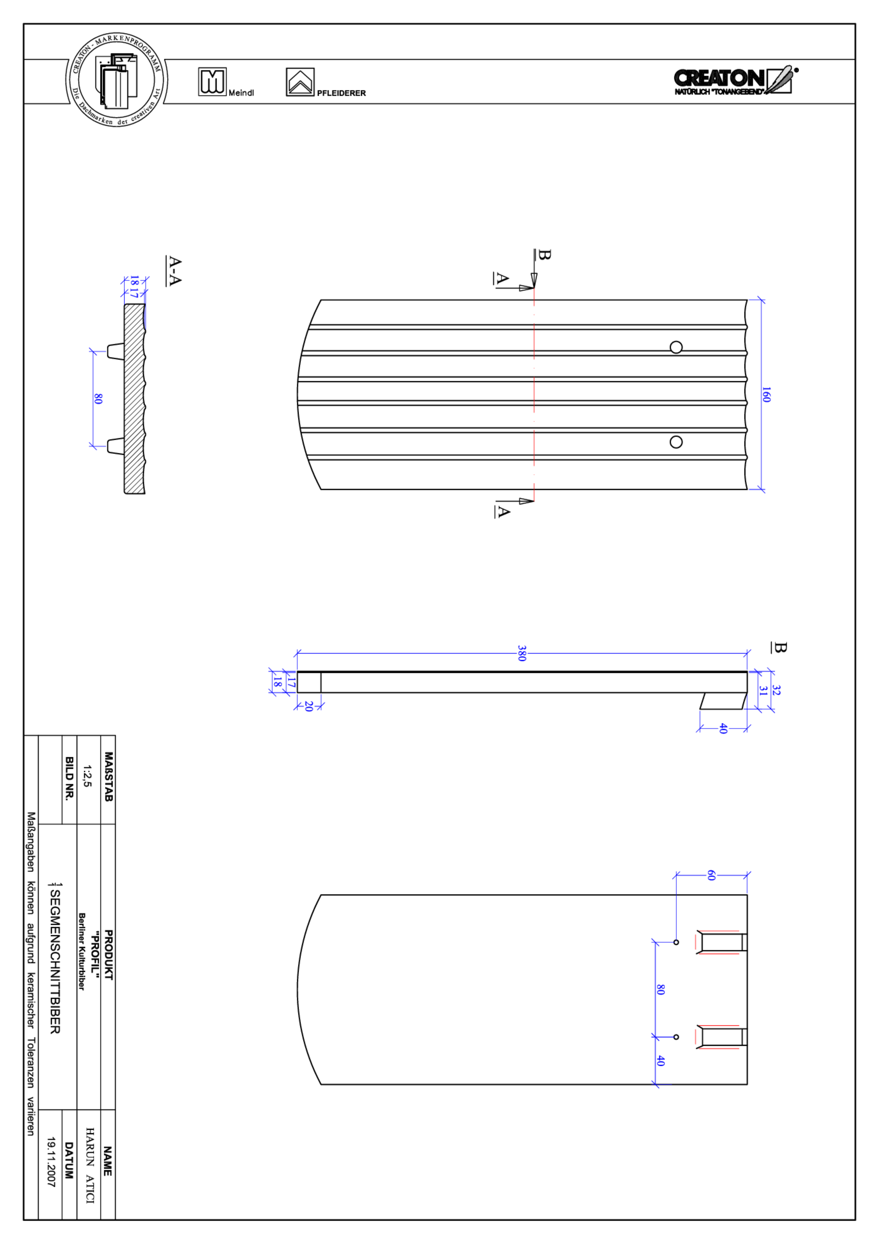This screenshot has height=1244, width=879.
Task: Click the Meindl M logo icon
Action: tap(212, 82)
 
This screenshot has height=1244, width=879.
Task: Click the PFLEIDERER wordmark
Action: tap(341, 93)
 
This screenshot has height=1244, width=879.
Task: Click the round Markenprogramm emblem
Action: tap(117, 80)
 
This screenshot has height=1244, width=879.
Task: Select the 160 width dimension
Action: tap(766, 395)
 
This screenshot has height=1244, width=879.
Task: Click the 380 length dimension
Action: tap(521, 654)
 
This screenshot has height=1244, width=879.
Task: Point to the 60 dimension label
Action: tap(711, 875)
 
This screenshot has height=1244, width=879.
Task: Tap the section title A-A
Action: tap(174, 270)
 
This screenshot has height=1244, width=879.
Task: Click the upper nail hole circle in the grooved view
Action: tap(676, 347)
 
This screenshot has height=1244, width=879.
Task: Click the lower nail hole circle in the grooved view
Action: tap(676, 442)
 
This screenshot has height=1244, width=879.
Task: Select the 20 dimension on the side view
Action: tap(309, 707)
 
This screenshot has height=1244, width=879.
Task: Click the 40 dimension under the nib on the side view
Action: tap(723, 729)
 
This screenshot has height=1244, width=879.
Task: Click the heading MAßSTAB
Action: tap(108, 777)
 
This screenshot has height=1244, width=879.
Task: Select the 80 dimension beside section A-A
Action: tap(98, 399)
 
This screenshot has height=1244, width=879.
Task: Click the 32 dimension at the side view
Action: tap(776, 690)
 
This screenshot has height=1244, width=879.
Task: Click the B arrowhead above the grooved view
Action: tap(534, 280)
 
